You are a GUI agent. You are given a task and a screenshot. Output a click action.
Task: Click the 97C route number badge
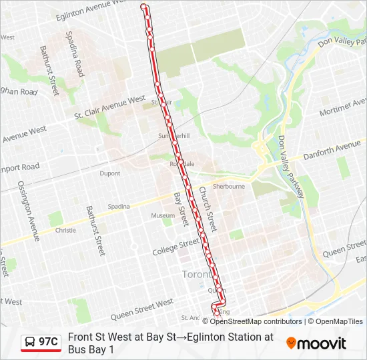[41, 343]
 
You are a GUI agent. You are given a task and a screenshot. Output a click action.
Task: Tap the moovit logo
[316, 343]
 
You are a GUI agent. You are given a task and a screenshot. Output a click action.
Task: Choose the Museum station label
[162, 215]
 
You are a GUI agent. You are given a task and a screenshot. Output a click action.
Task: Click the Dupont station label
[110, 173]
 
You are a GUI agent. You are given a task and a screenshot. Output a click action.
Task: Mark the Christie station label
[65, 230]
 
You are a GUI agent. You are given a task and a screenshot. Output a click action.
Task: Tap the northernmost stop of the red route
[143, 7]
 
